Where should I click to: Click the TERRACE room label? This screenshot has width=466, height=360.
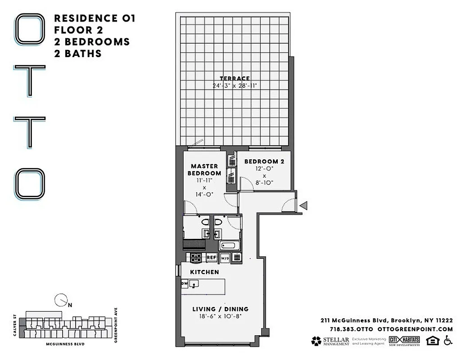[235, 78]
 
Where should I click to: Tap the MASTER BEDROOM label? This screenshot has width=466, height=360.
[204, 170]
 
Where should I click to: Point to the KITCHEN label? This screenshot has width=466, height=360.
[204, 272]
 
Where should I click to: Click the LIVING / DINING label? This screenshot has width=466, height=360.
[221, 309]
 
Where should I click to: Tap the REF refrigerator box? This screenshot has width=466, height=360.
[212, 258]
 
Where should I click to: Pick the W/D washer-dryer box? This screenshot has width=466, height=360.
[225, 258]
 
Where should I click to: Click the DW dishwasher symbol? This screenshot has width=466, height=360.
[184, 283]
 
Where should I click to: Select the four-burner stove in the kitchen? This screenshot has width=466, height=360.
[196, 258]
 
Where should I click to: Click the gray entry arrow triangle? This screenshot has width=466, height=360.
[304, 206]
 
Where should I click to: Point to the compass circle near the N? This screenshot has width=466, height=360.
[60, 299]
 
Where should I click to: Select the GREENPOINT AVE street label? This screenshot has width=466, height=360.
[116, 325]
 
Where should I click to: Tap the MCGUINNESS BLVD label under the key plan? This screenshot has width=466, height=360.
[65, 344]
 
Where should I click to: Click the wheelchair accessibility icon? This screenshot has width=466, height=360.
[448, 341]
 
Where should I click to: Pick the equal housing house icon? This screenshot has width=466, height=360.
[432, 341]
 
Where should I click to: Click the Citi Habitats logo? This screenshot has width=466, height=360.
[405, 341]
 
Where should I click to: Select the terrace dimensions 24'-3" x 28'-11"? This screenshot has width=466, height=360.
[235, 85]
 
